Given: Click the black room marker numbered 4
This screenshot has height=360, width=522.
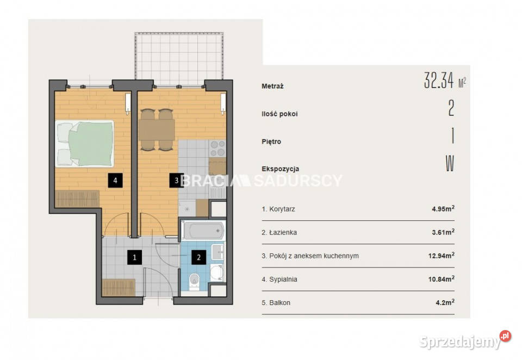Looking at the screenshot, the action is tap(115, 180).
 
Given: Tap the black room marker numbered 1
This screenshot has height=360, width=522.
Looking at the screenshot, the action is tap(134, 257).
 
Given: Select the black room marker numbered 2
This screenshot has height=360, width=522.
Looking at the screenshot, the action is tap(199, 257).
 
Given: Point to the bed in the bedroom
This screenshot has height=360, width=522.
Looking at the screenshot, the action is tap(85, 144).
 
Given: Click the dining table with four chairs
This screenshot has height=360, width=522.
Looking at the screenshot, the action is tap(157, 130).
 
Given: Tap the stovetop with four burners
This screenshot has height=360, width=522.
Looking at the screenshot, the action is tap(217, 148).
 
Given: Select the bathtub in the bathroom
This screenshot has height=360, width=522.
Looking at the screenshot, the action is tap(203, 230).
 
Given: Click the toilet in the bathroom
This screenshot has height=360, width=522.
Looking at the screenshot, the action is tap(194, 281).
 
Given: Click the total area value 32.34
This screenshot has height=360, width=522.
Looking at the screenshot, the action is tap(439, 80).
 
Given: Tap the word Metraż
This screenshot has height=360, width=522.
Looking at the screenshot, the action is tap(272, 86).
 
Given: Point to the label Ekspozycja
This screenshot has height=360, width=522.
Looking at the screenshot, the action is tap(281, 169).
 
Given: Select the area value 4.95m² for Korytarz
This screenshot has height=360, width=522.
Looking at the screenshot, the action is tap(443, 209).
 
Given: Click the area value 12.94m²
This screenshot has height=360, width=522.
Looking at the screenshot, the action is tap(442, 256).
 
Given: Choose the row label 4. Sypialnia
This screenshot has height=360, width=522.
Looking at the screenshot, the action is tap(279, 280).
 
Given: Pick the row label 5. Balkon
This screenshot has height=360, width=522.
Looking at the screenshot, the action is tap(276, 303).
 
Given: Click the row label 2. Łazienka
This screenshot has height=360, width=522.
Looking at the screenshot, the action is tap(279, 232).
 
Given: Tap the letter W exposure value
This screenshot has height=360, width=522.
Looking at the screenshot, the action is tap(450, 163).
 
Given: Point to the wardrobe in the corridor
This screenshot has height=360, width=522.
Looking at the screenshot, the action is tap(119, 287).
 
